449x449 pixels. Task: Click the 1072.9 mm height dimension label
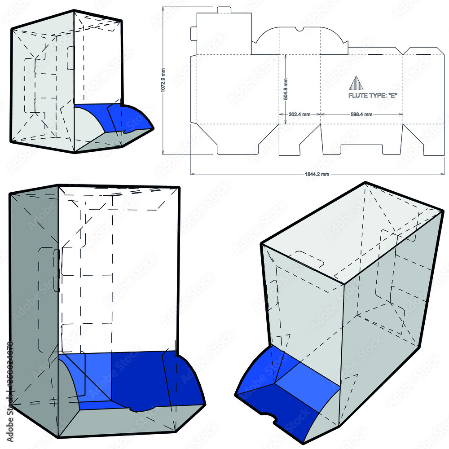[x=163, y=80]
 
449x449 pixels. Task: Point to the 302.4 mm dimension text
[x=299, y=114]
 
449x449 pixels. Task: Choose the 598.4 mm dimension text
[x=361, y=114]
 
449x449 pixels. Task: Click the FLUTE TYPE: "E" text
[x=373, y=95]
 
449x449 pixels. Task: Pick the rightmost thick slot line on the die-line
[x=423, y=54]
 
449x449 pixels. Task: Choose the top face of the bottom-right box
[x=350, y=233]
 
